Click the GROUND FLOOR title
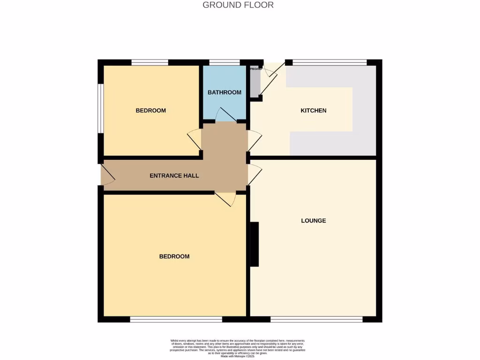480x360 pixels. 238,5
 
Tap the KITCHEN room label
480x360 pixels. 313,111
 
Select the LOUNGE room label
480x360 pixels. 313,220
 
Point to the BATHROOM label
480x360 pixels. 225,92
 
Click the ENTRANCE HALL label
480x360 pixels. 174,176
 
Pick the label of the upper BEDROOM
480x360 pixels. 150,111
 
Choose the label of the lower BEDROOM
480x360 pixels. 174,256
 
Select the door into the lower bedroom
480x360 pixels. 225,198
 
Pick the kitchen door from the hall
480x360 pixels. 254,140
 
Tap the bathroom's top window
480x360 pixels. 224,62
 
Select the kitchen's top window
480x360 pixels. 329,62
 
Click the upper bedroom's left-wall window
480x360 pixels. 100,108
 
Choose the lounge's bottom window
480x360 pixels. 316,319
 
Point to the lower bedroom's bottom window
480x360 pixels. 176,319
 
